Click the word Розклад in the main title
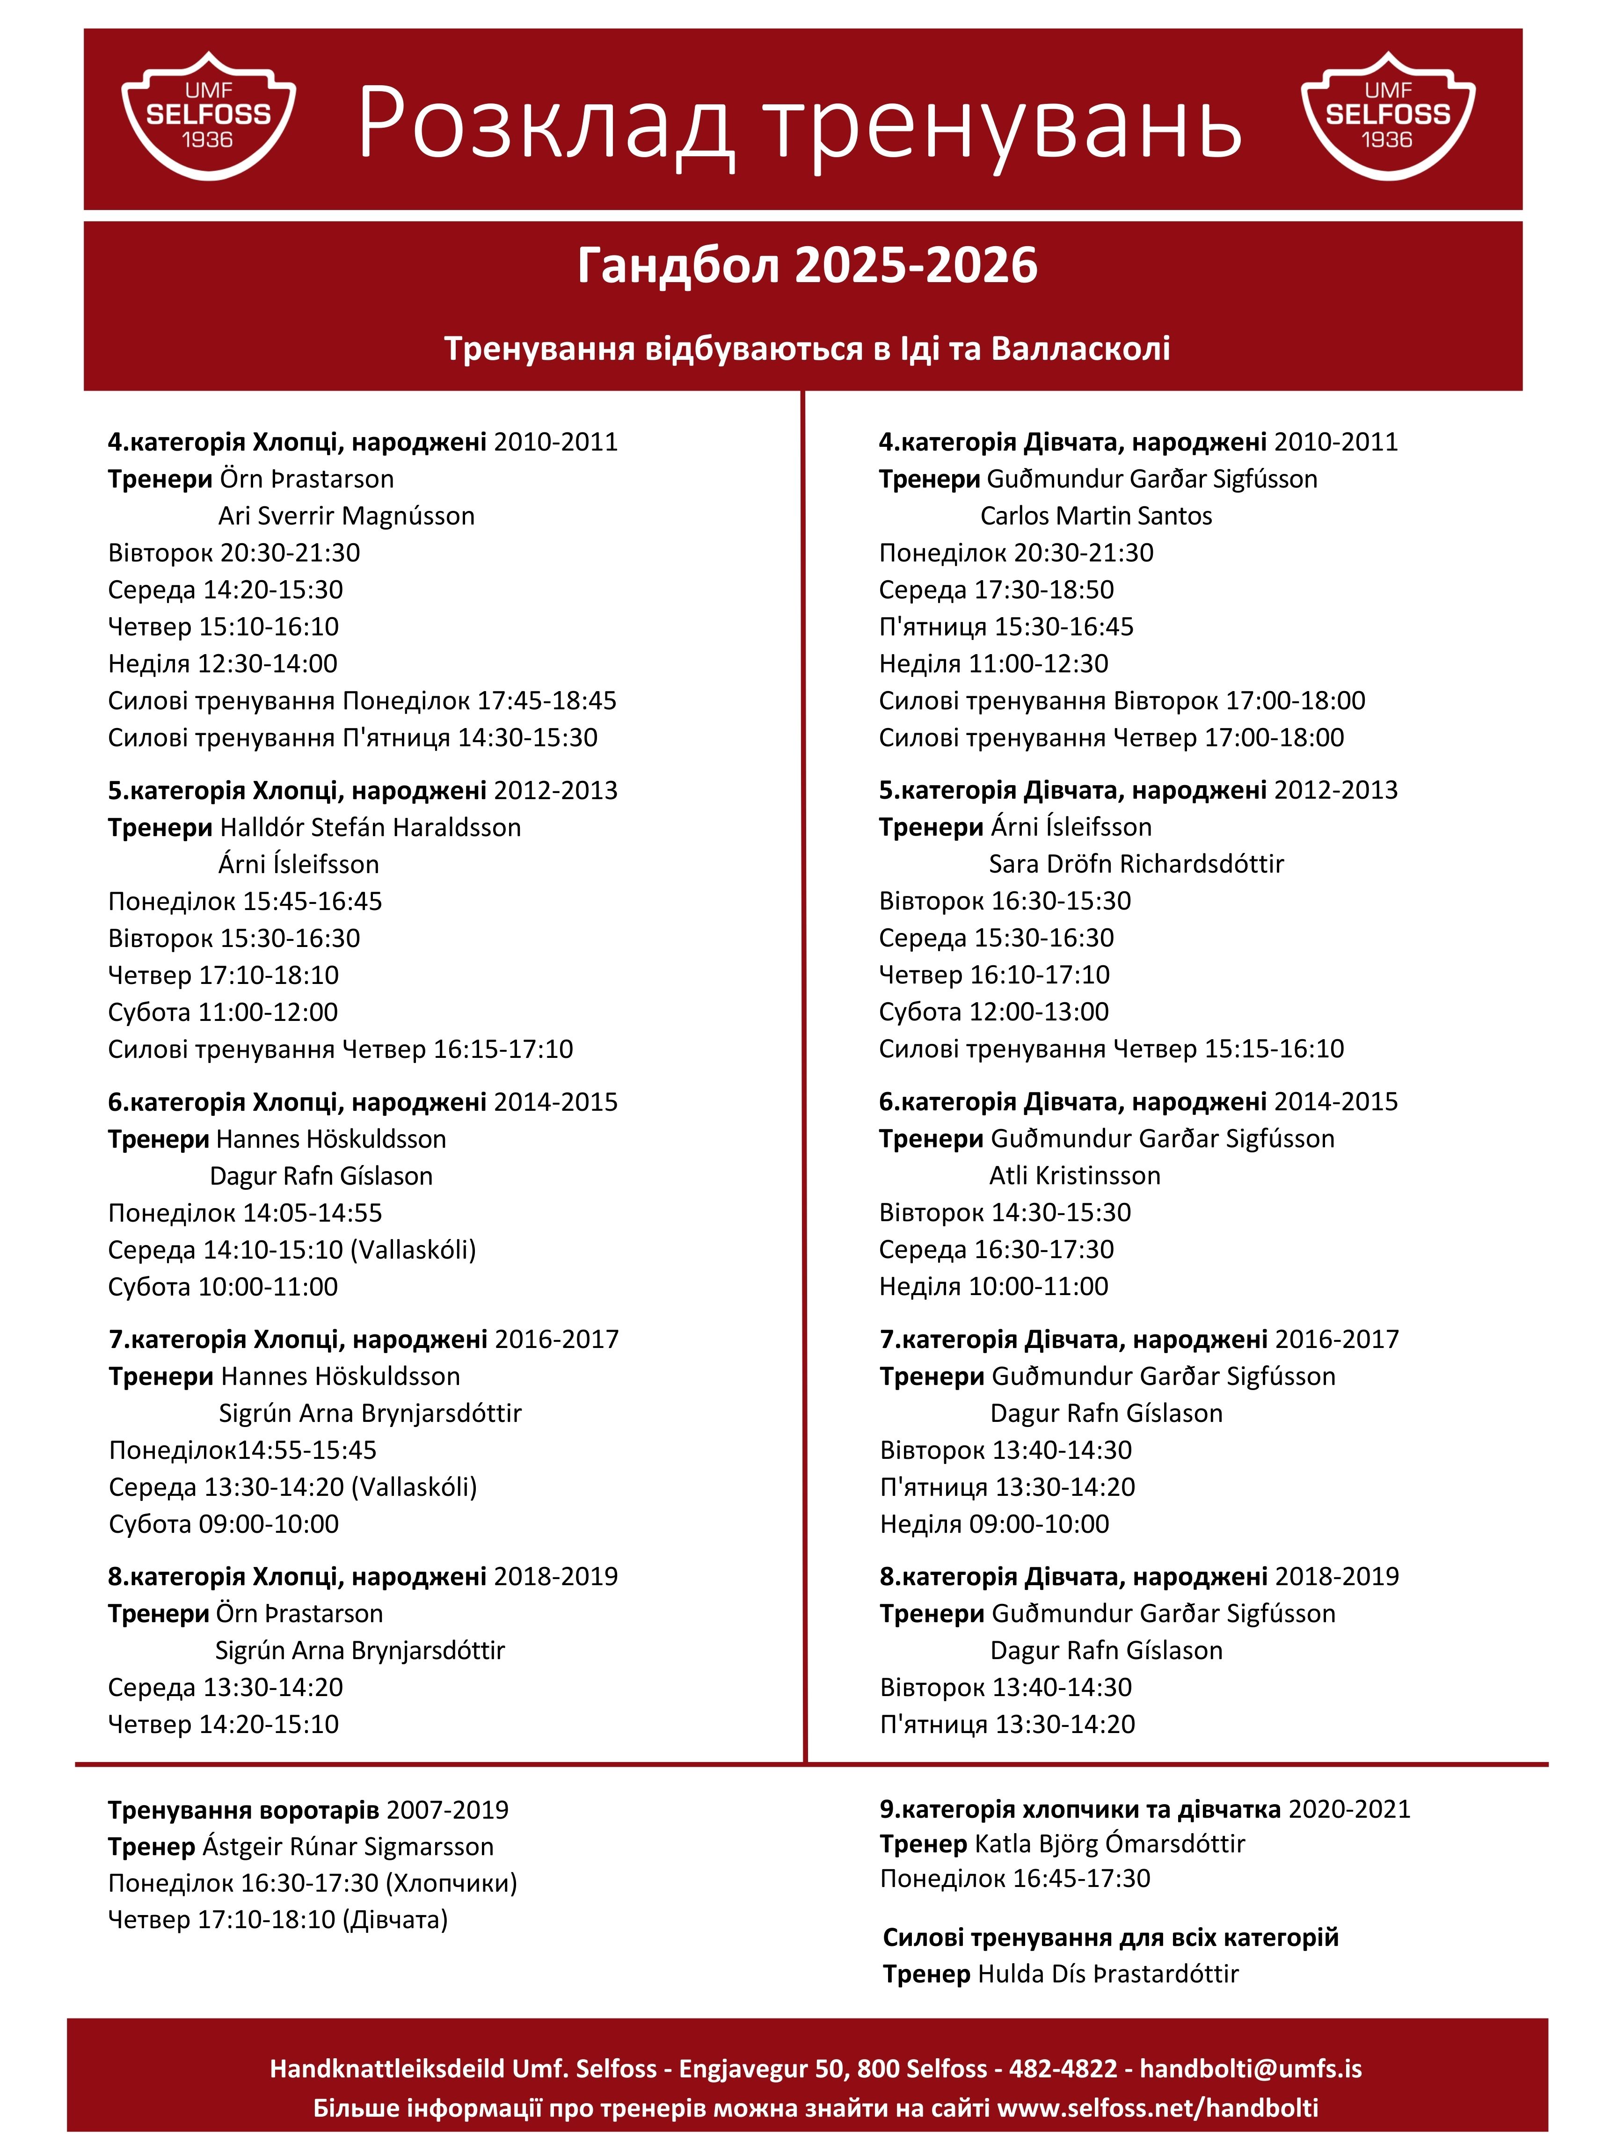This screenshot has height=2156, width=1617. [x=546, y=125]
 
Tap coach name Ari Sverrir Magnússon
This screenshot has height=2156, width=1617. [x=346, y=516]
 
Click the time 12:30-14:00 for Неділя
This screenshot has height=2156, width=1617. [x=267, y=664]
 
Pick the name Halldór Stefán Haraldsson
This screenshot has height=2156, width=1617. [x=371, y=828]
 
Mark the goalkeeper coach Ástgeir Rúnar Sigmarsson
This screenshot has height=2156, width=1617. [x=348, y=1846]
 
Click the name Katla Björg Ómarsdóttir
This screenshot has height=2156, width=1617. [x=1109, y=1843]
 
